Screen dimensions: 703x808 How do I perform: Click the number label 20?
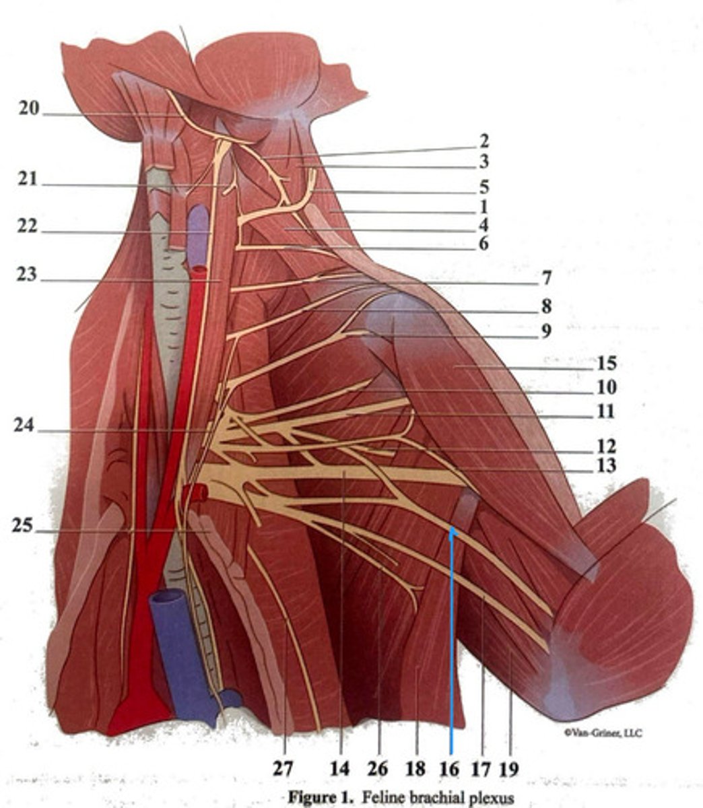click(x=29, y=108)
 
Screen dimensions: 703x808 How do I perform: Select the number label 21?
click(x=29, y=180)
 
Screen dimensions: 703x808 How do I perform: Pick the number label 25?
click(x=22, y=526)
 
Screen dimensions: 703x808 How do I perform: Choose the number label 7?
click(x=546, y=277)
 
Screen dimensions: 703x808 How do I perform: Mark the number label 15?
click(x=607, y=364)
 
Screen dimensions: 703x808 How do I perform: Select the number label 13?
click(x=607, y=466)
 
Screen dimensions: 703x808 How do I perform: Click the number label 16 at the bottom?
click(x=450, y=768)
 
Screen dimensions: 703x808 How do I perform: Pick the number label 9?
click(x=546, y=331)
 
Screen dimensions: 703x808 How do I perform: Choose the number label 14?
click(x=341, y=768)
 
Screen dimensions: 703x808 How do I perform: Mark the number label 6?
click(x=483, y=244)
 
